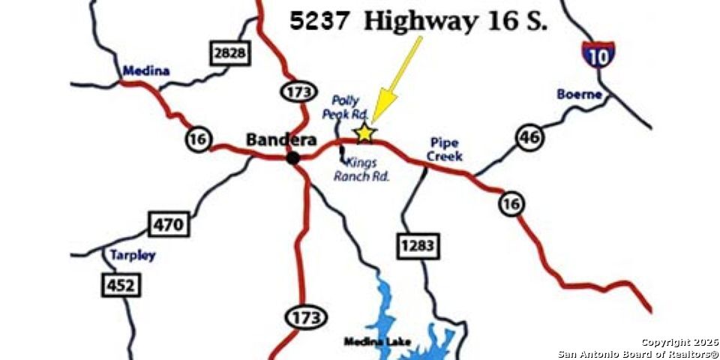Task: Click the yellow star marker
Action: coord(364,133)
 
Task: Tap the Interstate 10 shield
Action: coord(598,55)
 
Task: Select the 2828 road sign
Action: coord(229,53)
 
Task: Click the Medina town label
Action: coord(145,71)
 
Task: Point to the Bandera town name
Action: coord(280,140)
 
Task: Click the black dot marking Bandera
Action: coord(293,157)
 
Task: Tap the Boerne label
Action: coord(580,94)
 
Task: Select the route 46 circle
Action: coord(529,136)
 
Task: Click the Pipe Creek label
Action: coord(445,149)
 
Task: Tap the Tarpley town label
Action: coord(133,255)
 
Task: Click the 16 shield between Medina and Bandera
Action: coord(199,139)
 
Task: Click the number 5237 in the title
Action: coord(319,21)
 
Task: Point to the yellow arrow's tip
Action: coord(373,120)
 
